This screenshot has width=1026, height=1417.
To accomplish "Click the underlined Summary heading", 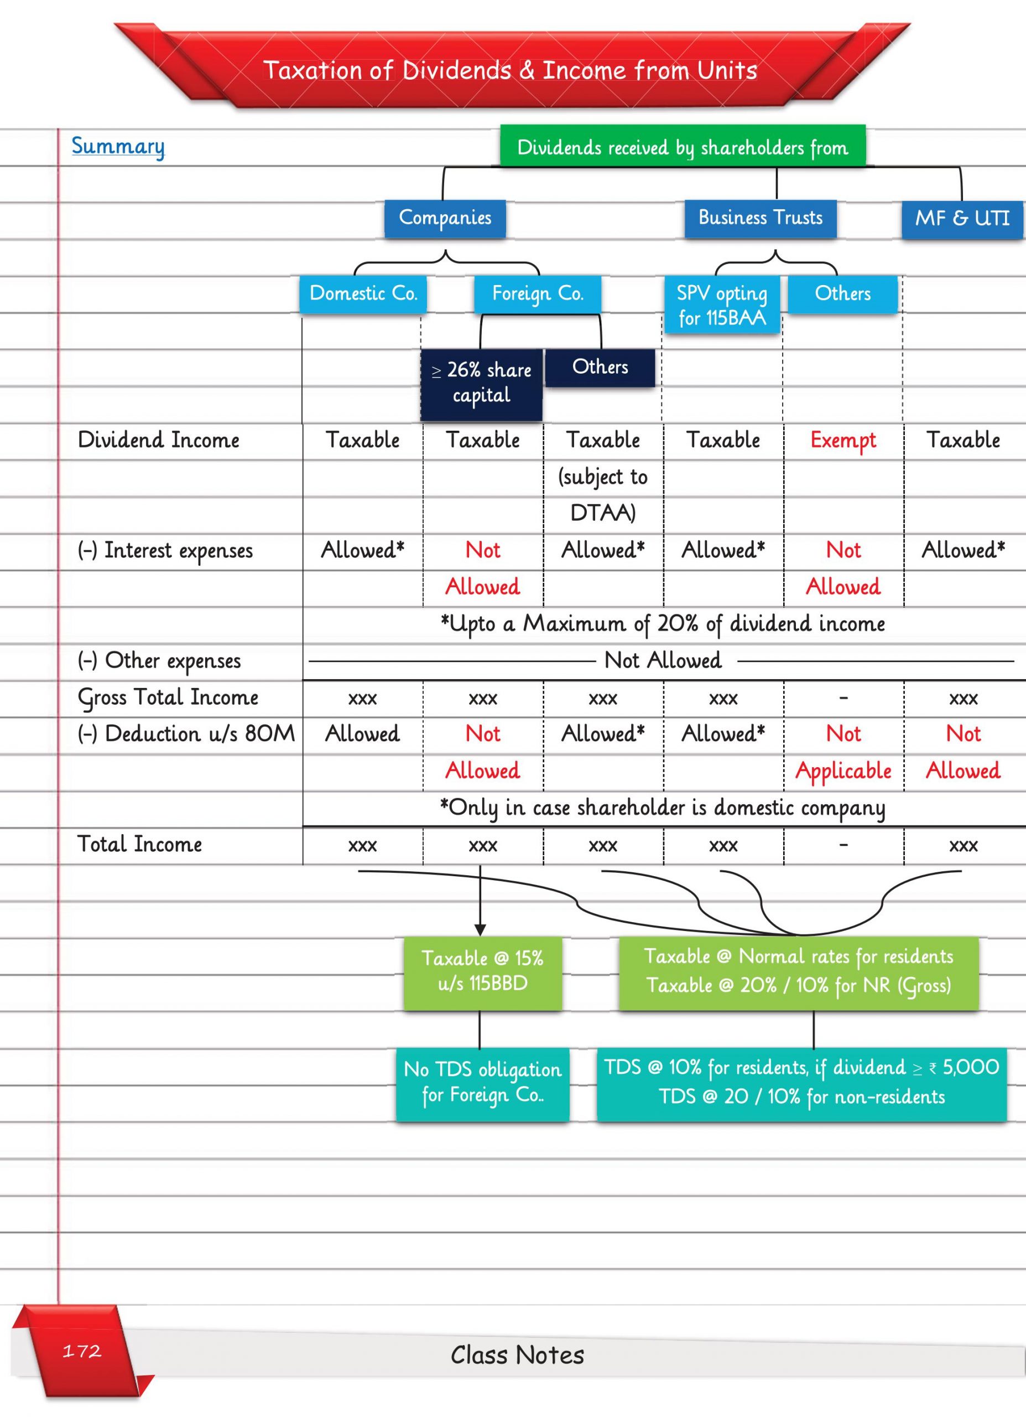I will pos(118,146).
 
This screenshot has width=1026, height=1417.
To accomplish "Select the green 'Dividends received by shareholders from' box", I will pos(683,147).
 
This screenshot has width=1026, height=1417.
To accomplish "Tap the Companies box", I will pos(445,218).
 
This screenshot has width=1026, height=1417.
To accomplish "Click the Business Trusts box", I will pos(760,218).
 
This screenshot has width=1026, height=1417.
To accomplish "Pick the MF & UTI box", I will pos(962,219).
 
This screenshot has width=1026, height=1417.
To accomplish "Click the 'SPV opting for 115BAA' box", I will pos(721,305).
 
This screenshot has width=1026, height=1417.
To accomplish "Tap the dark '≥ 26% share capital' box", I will pos(481,382).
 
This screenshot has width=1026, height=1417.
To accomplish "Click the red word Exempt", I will pos(843,440).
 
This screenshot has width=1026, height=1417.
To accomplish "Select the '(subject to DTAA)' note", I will pos(603,494).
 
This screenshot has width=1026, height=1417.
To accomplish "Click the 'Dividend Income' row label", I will pos(159,440).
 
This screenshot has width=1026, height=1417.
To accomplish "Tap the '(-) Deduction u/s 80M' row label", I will pos(186,733).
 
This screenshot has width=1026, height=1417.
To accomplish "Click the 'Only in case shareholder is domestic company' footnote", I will pos(663,807).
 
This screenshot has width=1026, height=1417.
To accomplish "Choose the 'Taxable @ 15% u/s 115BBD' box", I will pos(482,971).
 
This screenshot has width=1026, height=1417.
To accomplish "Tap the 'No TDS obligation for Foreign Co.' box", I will pos(482,1082).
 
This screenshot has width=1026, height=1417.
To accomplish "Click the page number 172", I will pos(82,1351).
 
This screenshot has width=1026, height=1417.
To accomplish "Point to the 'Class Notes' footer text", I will pos(517,1355).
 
